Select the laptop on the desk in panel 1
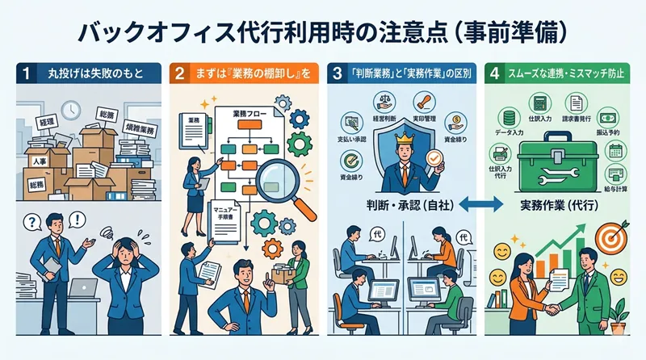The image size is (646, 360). click(x=82, y=288)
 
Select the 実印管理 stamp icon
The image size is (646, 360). click(x=423, y=104)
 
